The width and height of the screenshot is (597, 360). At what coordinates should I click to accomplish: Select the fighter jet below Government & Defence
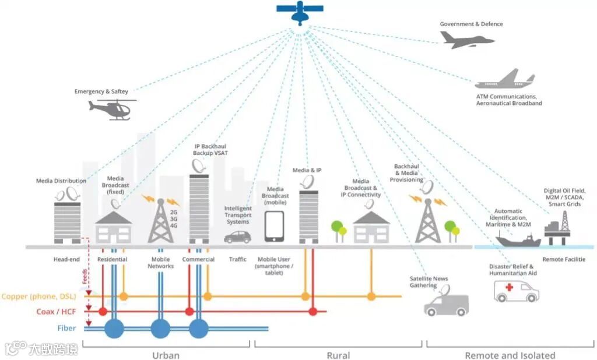(x=466, y=40)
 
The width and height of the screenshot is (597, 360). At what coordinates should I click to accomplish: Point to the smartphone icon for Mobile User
(x=274, y=227)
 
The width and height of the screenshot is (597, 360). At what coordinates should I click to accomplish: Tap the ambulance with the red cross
(x=516, y=290)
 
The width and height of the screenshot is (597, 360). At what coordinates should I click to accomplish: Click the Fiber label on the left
(x=66, y=329)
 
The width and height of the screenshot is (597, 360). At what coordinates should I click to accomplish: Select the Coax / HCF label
(x=54, y=312)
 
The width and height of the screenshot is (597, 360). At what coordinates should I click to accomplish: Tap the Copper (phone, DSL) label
(x=39, y=297)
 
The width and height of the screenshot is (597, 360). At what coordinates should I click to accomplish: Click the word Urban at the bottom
(x=166, y=355)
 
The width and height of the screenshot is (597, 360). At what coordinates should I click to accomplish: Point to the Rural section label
(x=338, y=355)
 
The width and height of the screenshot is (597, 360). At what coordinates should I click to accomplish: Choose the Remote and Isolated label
(x=510, y=355)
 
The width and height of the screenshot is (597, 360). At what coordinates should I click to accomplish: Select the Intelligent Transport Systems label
(x=238, y=215)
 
